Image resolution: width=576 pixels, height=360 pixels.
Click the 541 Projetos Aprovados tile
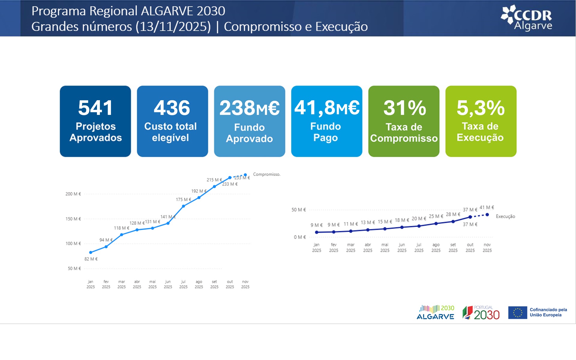pos(95,121)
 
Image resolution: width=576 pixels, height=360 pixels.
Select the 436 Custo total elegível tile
pos(172,121)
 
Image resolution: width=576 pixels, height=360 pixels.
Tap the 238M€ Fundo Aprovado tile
pos(250,121)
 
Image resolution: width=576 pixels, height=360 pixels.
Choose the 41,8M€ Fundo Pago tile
pos(327,121)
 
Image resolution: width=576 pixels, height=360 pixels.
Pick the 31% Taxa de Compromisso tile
pos(404,121)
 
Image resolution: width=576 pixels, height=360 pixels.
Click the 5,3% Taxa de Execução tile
pos(481,121)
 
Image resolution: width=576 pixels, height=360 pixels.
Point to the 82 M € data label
pos(91,259)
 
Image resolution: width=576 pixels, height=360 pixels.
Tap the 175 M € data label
pos(183,199)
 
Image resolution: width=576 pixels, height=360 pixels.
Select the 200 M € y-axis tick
pos(73,194)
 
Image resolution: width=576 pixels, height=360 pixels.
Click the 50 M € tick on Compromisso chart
pos(74,268)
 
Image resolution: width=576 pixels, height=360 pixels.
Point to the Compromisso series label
pos(267,174)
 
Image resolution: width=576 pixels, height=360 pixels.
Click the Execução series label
pos(505,216)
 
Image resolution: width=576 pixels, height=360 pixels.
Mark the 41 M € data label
pos(487,207)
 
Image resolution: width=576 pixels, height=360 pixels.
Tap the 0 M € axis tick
pos(300,237)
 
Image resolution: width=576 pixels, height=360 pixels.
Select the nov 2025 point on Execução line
pos(487,215)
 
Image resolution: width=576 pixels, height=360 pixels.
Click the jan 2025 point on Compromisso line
pos(91,252)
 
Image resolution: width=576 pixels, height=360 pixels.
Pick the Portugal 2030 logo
pos(481,313)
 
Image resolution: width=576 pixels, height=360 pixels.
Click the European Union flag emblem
pos(517,313)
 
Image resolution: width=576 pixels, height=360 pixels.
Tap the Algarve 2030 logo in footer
pos(435,313)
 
